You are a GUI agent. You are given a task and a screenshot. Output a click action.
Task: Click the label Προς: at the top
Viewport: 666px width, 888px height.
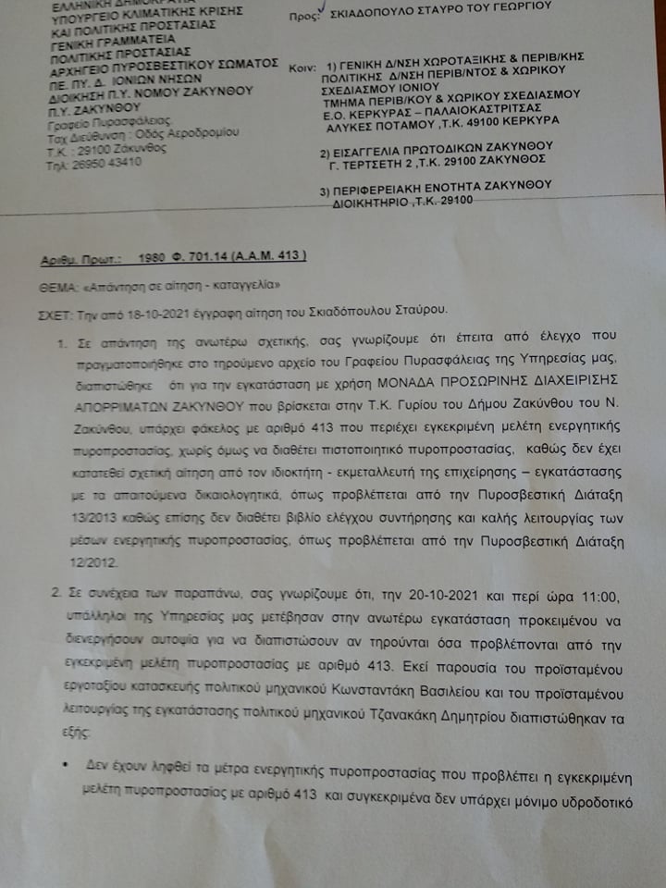tap(306, 17)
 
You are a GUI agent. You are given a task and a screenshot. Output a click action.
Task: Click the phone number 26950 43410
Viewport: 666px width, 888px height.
tap(93, 161)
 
